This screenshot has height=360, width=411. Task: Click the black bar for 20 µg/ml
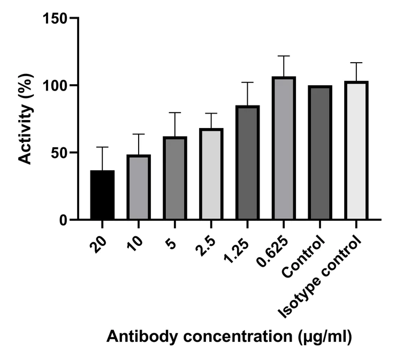(102, 195)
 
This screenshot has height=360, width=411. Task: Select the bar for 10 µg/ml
(139, 187)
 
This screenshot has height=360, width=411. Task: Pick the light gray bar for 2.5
(211, 175)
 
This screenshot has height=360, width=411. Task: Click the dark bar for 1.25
(247, 163)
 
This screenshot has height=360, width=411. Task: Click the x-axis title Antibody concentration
(229, 336)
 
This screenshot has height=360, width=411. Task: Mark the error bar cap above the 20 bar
(102, 147)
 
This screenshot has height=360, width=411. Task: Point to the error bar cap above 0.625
(284, 56)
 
